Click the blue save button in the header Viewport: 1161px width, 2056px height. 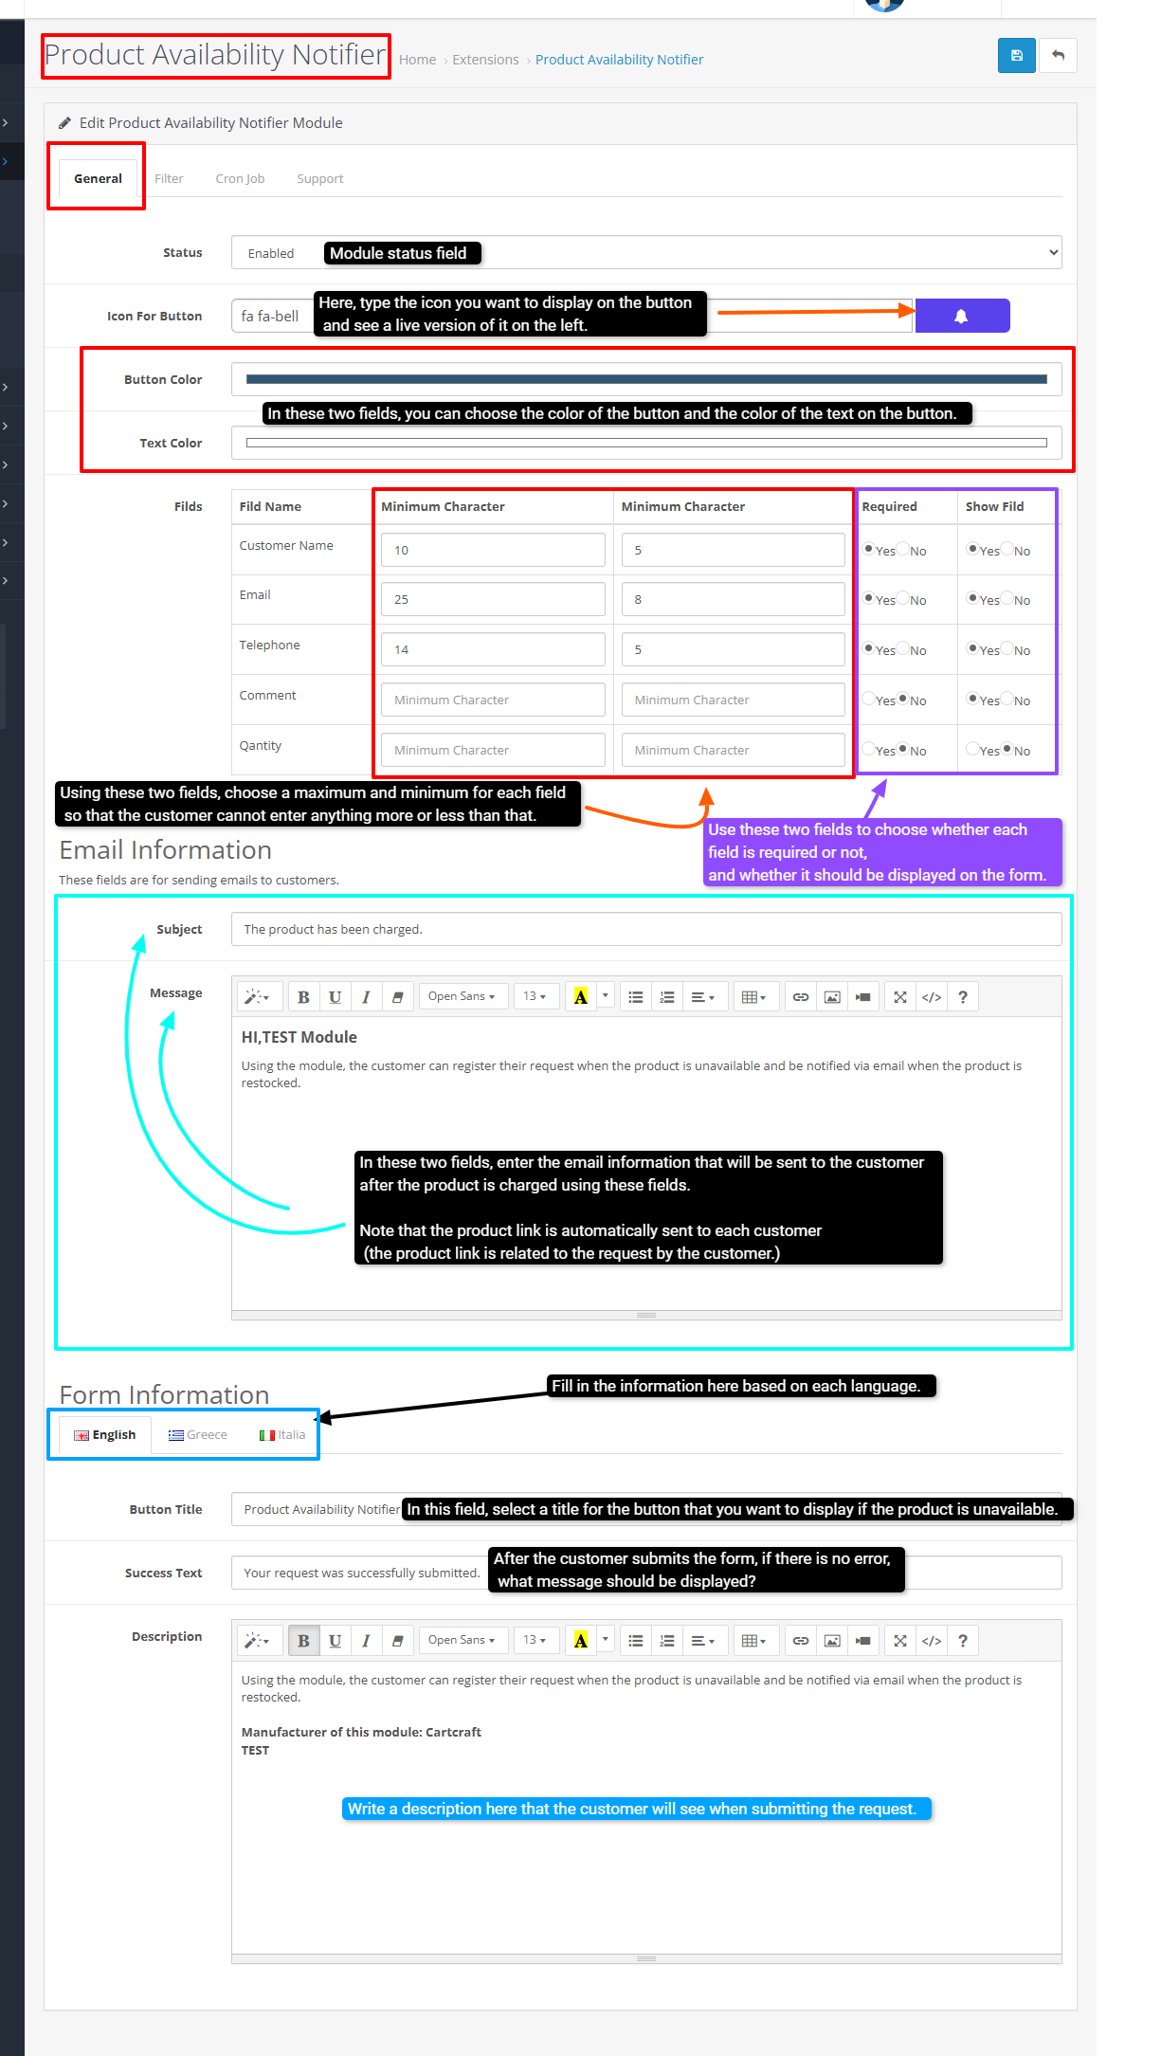pos(1016,56)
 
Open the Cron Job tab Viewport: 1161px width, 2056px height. pos(240,178)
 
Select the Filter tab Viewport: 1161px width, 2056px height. pos(169,178)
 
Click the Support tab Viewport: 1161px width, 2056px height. pos(319,178)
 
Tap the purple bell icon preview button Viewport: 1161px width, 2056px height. pos(961,316)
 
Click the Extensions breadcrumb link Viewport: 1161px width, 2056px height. pos(485,60)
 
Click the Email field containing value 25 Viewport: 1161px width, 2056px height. pos(492,599)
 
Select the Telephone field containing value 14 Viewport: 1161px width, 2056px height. pos(492,649)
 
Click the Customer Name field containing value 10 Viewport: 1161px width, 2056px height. pos(492,550)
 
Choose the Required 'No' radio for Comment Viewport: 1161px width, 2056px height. pos(903,699)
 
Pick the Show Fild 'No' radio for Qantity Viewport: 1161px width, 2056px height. pos(1007,749)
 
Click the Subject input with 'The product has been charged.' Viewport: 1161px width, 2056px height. pos(645,929)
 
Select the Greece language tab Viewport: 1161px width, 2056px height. pos(198,1434)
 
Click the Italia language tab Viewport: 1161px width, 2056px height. pos(282,1434)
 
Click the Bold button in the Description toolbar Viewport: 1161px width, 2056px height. pos(303,1640)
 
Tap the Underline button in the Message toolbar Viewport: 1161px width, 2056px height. pos(335,996)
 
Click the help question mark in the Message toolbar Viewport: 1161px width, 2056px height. pos(963,996)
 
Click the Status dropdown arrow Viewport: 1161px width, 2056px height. pos(1053,253)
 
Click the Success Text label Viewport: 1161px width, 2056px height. pos(163,1573)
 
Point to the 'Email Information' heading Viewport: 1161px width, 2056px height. pos(166,849)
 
